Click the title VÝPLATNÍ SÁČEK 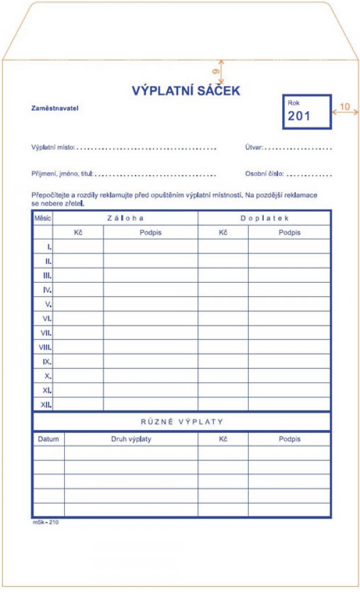coord(185,91)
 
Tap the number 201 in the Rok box coord(299,116)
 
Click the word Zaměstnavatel coord(55,109)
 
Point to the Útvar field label coord(254,147)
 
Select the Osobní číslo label coord(264,174)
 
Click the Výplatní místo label coord(53,147)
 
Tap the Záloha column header coord(125,218)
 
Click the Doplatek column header coord(264,218)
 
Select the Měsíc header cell coord(43,218)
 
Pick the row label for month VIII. coord(45,347)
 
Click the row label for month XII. coord(46,405)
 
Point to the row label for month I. coord(49,247)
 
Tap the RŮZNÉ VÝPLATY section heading coord(182,422)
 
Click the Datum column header coord(48,439)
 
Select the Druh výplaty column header coord(131,439)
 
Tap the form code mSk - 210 coord(45,522)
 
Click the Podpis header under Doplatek coord(289,232)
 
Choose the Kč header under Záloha coord(78,232)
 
